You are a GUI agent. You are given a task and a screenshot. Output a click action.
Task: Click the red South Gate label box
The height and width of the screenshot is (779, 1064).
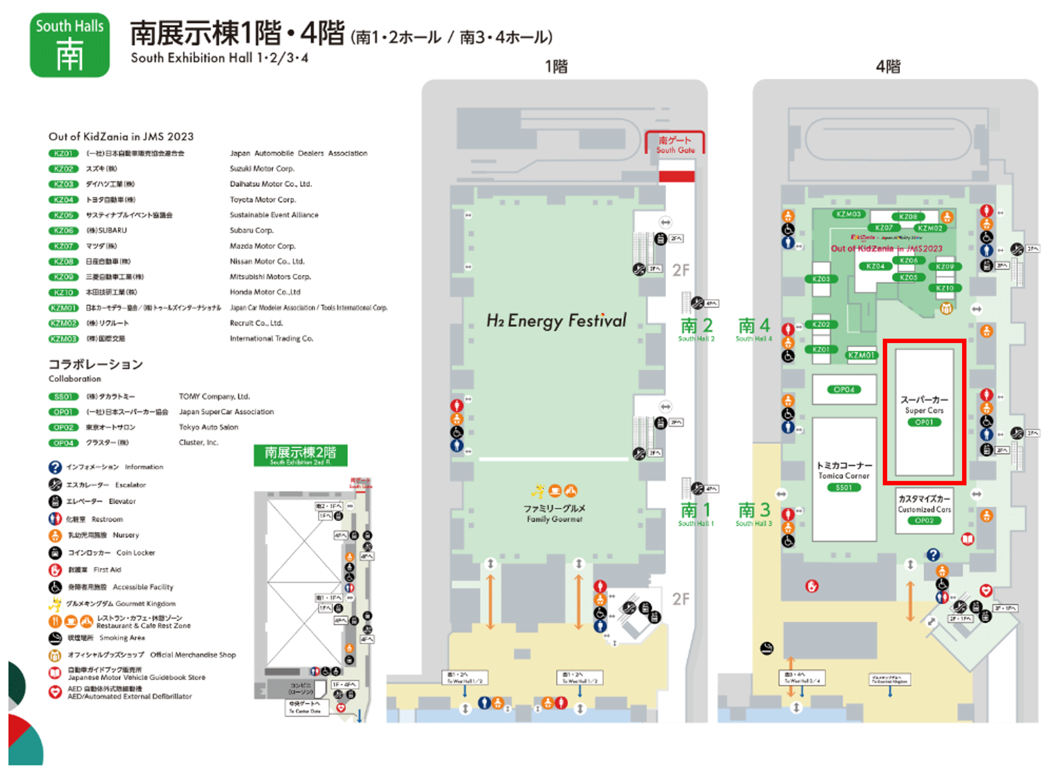(675, 144)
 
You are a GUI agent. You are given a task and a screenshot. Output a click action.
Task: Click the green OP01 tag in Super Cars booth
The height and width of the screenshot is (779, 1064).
(924, 422)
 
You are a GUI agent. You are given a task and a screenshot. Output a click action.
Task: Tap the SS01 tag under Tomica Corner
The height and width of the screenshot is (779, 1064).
(843, 488)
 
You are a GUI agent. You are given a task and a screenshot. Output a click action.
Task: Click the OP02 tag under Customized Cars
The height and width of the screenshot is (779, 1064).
(924, 521)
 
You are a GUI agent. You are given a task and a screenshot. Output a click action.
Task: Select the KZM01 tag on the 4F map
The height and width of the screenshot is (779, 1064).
(861, 355)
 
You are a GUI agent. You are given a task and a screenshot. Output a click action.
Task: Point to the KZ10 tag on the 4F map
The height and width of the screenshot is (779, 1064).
(945, 288)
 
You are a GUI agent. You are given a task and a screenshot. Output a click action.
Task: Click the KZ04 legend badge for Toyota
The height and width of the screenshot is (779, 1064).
(63, 200)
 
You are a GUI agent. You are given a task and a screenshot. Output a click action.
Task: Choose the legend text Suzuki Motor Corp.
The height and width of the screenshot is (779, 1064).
(262, 169)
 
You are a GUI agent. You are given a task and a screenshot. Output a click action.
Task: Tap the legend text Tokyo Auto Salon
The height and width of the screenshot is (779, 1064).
(208, 427)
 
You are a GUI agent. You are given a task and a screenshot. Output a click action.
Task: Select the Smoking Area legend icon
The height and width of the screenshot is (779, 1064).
(55, 638)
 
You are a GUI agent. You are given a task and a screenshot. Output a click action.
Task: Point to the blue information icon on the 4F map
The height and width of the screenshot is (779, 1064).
(933, 555)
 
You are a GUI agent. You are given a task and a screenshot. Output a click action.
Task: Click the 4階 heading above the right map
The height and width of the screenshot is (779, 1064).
(888, 66)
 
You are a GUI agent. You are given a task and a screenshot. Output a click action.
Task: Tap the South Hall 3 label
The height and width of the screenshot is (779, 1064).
(754, 514)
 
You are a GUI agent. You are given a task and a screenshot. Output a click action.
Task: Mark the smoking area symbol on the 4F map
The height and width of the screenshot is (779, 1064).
(767, 648)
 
